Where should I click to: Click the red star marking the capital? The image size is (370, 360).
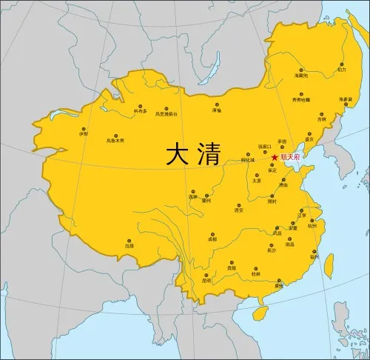click(274, 157)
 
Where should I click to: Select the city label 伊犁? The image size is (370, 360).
click(83, 134)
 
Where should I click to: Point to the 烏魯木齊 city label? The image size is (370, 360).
click(115, 139)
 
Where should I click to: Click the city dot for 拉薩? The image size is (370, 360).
click(129, 240)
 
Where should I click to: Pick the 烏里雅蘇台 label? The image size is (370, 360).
click(167, 114)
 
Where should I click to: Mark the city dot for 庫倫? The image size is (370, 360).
click(217, 105)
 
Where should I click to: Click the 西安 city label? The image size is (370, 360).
click(238, 210)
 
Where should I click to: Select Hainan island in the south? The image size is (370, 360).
click(259, 314)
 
